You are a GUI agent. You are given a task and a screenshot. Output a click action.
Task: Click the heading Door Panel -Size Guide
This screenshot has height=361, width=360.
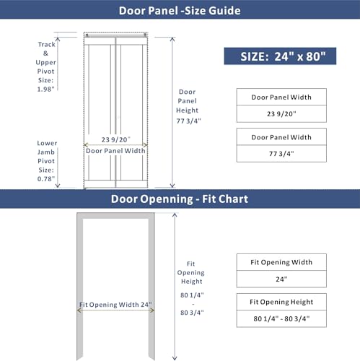pos(180,10)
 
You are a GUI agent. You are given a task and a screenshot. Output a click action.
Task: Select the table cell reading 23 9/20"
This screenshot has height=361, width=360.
pos(281,113)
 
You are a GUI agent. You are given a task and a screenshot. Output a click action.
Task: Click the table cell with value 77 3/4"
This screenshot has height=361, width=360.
pos(281,153)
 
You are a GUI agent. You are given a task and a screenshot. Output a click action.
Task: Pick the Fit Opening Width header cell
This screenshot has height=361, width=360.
pos(281,261)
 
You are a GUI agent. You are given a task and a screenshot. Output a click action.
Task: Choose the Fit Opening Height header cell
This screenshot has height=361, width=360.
pos(281,301)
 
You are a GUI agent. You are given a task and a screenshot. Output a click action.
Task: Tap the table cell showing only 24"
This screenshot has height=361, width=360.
pos(281,278)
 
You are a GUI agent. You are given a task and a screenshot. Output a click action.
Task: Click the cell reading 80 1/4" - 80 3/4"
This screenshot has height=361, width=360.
pos(281,318)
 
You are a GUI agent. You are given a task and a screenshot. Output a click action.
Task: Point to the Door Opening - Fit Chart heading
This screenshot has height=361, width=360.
pos(179,199)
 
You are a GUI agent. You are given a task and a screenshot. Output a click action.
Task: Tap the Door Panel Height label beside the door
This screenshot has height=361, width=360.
pos(188,106)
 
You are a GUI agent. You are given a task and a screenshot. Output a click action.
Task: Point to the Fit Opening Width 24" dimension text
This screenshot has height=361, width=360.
pos(115,305)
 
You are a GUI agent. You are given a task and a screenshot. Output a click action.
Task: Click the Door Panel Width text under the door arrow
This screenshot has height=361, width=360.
pos(115,151)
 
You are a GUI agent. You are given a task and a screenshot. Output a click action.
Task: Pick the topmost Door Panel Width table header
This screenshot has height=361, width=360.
pos(281,97)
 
